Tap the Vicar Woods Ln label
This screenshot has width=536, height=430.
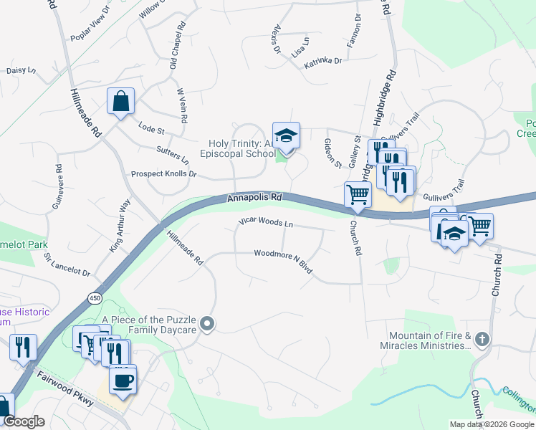click(x=266, y=223)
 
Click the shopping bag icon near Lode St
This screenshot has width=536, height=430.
click(x=120, y=101)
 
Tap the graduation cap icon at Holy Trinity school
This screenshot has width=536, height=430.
click(x=286, y=136)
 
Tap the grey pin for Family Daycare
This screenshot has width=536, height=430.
click(x=208, y=324)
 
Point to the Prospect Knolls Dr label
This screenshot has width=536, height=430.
click(x=163, y=174)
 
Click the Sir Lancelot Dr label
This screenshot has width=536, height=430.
click(x=67, y=264)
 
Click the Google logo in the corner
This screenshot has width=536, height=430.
click(x=24, y=421)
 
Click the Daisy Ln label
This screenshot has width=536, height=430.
click(x=21, y=71)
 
